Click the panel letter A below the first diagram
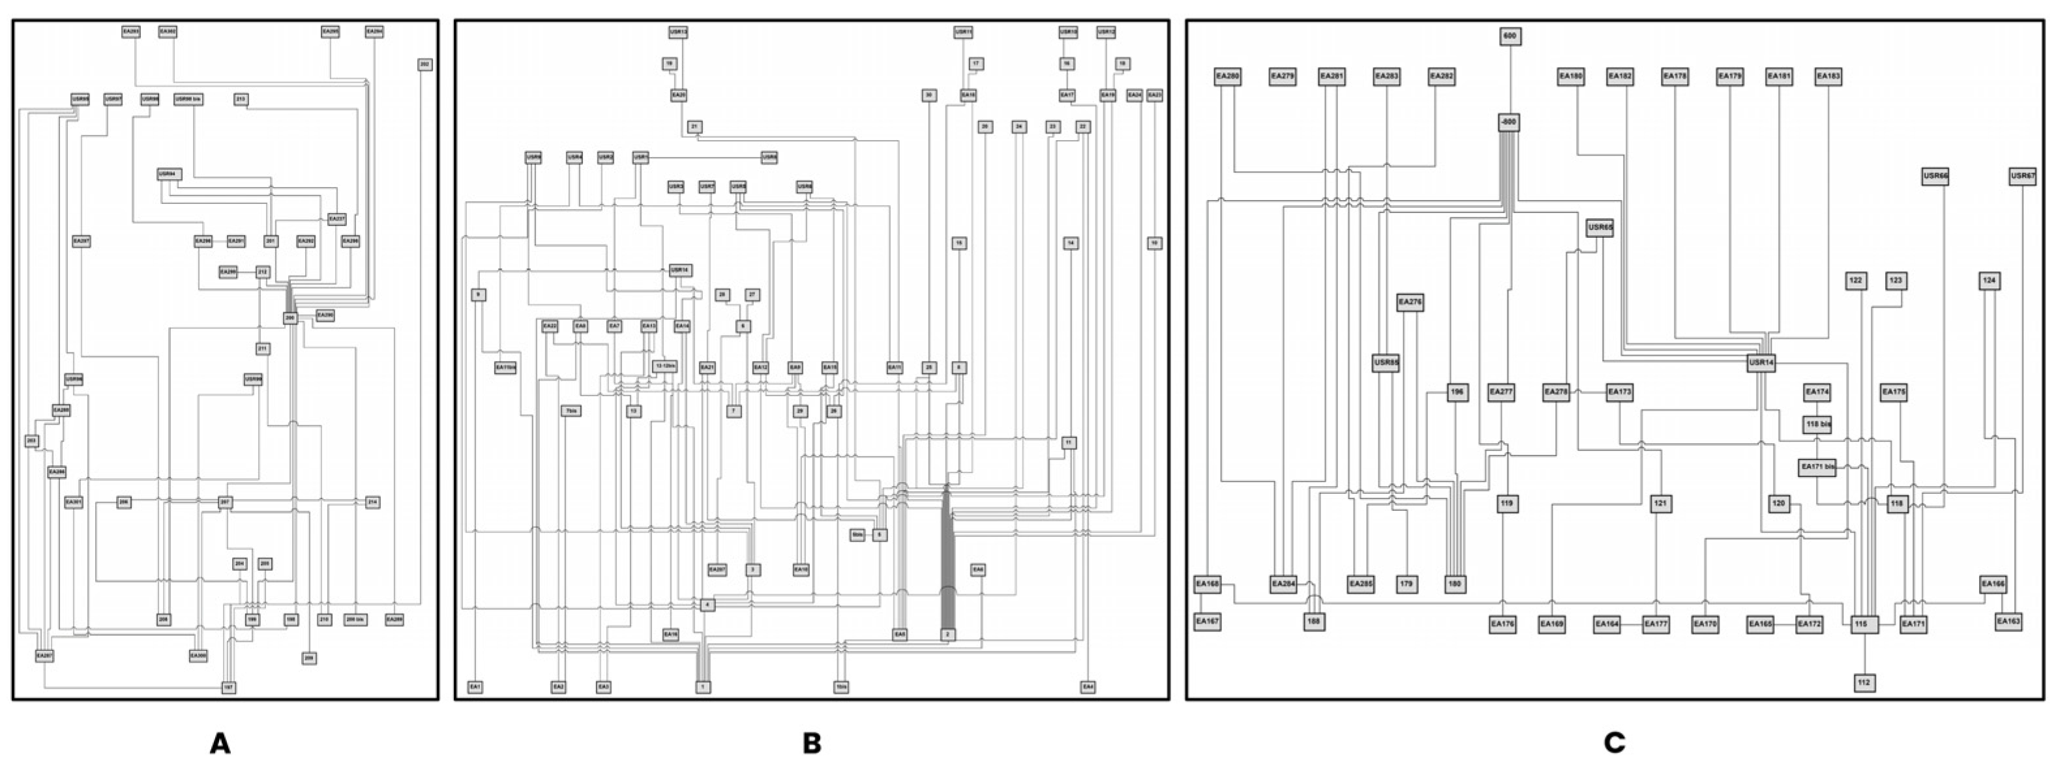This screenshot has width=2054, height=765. [x=220, y=743]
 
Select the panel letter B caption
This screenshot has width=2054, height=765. [x=811, y=743]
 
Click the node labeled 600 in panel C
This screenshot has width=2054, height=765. [x=1509, y=36]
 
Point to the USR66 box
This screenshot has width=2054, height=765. [x=1935, y=176]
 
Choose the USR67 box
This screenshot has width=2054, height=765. [x=2022, y=176]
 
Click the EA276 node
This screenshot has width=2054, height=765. [x=1410, y=303]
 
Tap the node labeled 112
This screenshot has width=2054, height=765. [x=1864, y=682]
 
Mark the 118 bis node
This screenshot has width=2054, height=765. [x=1817, y=425]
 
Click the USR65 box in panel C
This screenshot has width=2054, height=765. [x=1600, y=227]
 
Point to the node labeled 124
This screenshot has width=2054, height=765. [x=1989, y=280]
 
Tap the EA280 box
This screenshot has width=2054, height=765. [x=1227, y=76]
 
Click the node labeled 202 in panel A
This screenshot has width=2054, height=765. [x=425, y=65]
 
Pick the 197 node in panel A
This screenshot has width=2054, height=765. [x=229, y=687]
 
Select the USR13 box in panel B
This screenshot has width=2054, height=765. [x=677, y=33]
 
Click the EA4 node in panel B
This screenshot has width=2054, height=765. [x=1088, y=687]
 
